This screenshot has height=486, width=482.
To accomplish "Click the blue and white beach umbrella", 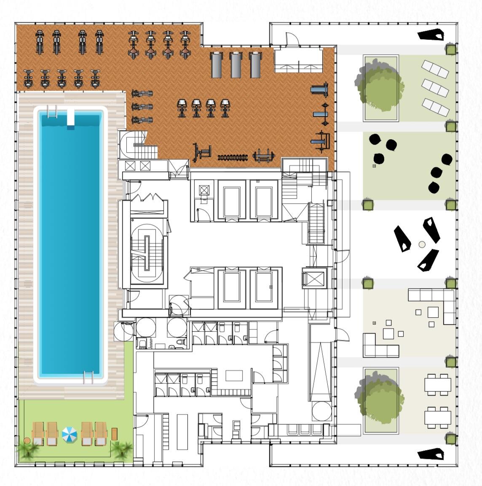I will pos(70,434).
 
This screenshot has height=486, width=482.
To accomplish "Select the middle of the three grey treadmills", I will pos(236,65).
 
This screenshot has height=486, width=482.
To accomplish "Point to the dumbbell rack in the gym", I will pos(232,158).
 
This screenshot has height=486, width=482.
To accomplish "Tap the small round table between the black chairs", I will pos(422,244).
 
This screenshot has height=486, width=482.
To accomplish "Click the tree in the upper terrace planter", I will pos(378,87).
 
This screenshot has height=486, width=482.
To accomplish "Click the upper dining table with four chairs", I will pos(436,384).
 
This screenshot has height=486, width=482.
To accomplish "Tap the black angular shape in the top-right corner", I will pos(431,35).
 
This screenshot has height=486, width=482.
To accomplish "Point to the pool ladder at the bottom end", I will pos(88,377).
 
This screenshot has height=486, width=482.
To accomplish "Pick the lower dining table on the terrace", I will pos(436,417).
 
